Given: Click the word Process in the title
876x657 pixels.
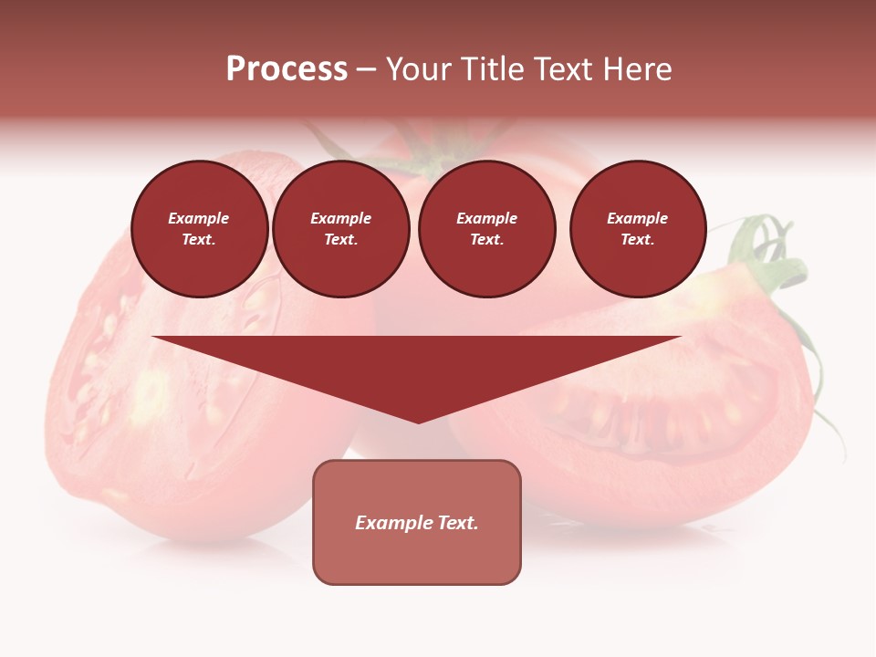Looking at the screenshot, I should [x=287, y=69].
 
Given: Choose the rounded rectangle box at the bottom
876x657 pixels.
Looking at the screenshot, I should [x=417, y=557].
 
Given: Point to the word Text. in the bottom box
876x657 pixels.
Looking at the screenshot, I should [x=456, y=523].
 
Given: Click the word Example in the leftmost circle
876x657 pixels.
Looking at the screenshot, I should [x=199, y=219].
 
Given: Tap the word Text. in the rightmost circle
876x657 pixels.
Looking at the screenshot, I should [x=638, y=240].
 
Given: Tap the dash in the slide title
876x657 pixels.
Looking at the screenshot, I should [x=366, y=69].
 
